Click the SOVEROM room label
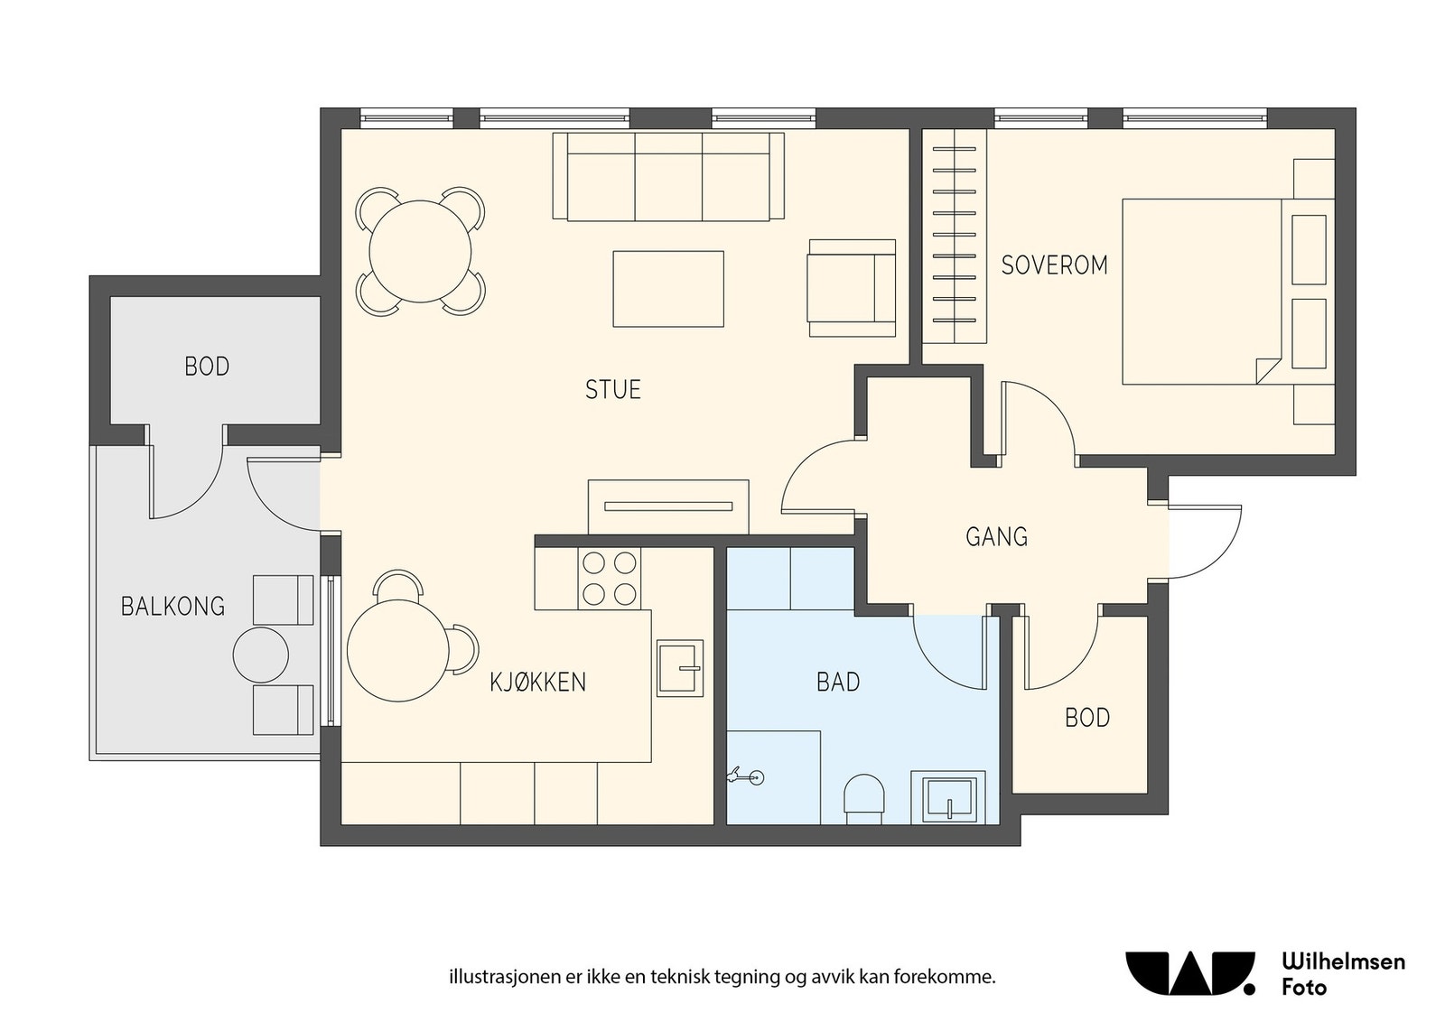pos(1054,265)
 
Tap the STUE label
pos(613,389)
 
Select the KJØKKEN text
pos(537,682)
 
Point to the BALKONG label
pos(172,606)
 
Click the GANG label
pos(996,536)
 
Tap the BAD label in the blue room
pos(838,682)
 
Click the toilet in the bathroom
pos(864,799)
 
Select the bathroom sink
pos(948,797)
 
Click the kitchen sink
pos(680,668)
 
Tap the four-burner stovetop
pos(610,579)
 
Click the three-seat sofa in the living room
pos(668,177)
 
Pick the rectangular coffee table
pos(668,289)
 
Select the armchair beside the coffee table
pos(852,288)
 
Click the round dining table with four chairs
pos(420,252)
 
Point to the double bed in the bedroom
pos(1228,292)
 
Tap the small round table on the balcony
pos(261,655)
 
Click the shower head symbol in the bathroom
pos(747,776)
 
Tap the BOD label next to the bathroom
pos(1087,718)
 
